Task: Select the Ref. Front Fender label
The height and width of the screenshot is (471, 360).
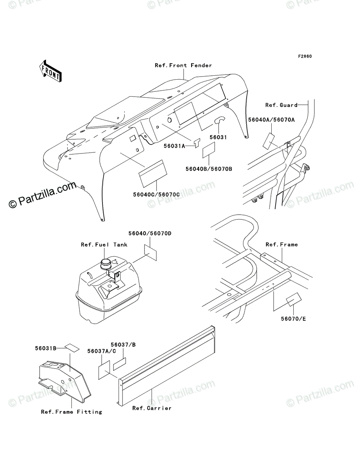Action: (183, 66)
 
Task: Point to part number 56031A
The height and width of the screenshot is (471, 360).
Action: (174, 146)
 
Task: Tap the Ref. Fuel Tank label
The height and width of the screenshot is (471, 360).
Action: (104, 245)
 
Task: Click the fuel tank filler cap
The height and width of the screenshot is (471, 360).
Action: (107, 263)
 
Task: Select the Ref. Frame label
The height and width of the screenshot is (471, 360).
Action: (281, 245)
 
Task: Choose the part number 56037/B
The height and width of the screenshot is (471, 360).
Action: (123, 344)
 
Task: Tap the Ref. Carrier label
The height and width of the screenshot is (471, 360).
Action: (152, 408)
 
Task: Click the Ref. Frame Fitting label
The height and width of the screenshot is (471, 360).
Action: (71, 412)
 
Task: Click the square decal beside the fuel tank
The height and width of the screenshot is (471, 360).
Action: (151, 252)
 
